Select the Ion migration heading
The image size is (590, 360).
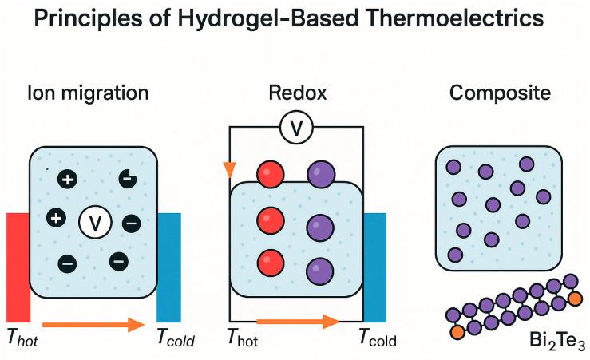click(x=89, y=93)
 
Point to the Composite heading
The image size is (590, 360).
click(x=500, y=93)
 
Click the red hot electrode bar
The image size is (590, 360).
click(x=18, y=267)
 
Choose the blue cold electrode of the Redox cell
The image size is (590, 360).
click(x=375, y=267)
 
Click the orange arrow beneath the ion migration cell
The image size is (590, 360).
click(x=92, y=325)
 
